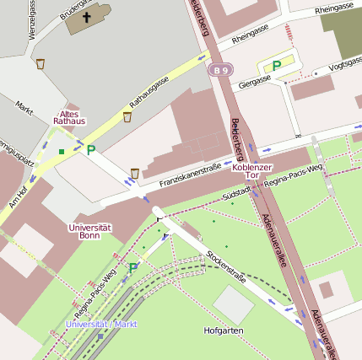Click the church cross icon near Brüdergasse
tap(87, 16)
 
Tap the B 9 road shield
tap(220, 70)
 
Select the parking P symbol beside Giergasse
tap(276, 66)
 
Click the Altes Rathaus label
tap(69, 117)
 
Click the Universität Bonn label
tap(90, 231)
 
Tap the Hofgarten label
tap(224, 331)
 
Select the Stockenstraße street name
tap(226, 263)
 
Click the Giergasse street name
tap(255, 82)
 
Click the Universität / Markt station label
tap(101, 324)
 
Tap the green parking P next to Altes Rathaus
tap(90, 149)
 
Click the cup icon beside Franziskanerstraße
tap(135, 173)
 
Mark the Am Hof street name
tap(19, 198)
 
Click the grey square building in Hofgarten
tap(233, 304)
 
